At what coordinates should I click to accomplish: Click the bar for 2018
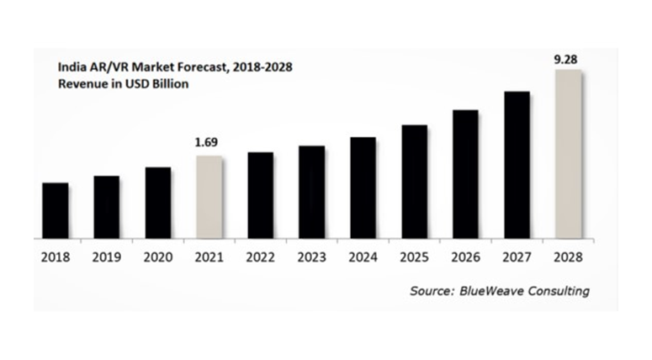[x=55, y=210]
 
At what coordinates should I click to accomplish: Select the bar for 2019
[x=106, y=207]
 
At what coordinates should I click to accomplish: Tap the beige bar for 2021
[x=209, y=197]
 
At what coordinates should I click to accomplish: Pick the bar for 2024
[x=363, y=188]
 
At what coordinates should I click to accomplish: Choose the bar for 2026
[x=465, y=174]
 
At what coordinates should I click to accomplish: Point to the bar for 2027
[x=517, y=165]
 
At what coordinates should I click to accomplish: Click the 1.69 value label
[x=209, y=144]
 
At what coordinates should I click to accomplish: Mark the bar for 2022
[x=260, y=195]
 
